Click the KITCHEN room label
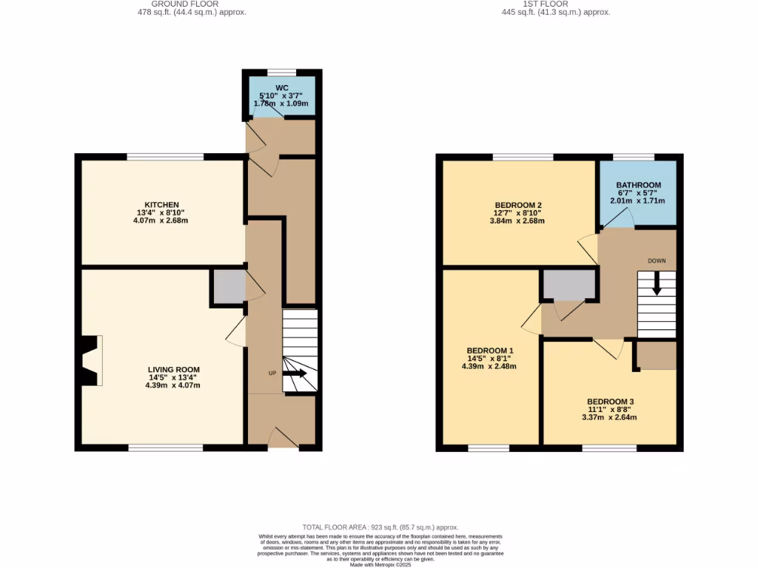(x=162, y=205)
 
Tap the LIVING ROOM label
(x=173, y=370)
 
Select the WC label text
(x=282, y=88)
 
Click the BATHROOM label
(x=637, y=186)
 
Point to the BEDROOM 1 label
(x=489, y=351)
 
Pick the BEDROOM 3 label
(x=610, y=402)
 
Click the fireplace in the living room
(x=91, y=361)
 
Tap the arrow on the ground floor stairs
(x=294, y=373)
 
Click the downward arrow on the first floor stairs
(x=657, y=285)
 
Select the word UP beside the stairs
(x=272, y=373)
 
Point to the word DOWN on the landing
(x=657, y=260)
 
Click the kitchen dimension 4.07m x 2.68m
(x=162, y=220)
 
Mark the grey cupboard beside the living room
(x=229, y=286)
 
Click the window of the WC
(x=281, y=72)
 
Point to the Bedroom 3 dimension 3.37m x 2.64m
(x=610, y=417)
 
